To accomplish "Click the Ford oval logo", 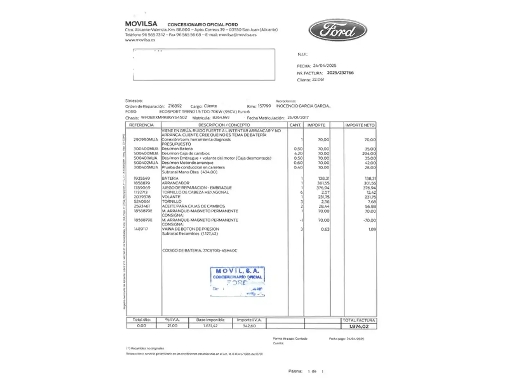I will click(x=338, y=30).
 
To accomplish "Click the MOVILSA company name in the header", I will click(x=141, y=24).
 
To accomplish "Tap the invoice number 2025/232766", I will click(x=340, y=73).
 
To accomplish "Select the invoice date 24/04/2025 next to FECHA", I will click(x=325, y=66).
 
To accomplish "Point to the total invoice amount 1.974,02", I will click(x=359, y=326).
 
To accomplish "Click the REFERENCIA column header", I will click(x=141, y=125).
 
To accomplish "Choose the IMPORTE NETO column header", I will click(x=359, y=125).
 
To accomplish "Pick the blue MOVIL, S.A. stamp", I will click(x=237, y=281).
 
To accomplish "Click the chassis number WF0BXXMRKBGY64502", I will click(x=164, y=117).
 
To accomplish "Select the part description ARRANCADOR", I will click(x=175, y=183).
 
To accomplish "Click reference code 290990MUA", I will click(x=146, y=140).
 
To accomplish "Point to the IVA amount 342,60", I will click(x=249, y=326).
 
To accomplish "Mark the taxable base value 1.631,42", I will click(x=210, y=326).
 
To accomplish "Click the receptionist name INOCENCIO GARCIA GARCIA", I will click(x=303, y=106).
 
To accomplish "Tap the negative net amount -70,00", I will click(x=369, y=220).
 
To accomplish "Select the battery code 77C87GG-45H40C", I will click(x=220, y=250).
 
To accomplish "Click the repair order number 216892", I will click(x=175, y=106).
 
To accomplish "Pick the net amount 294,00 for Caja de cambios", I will click(x=369, y=153).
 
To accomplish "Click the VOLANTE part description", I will click(x=171, y=197).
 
